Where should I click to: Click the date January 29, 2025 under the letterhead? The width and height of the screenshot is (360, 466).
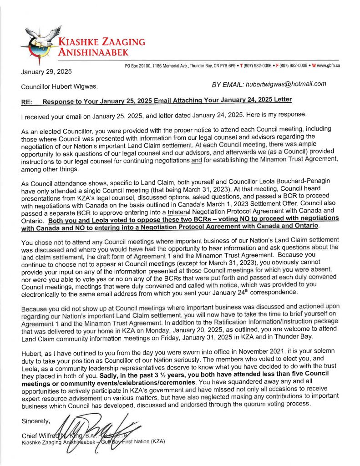click(46, 71)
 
